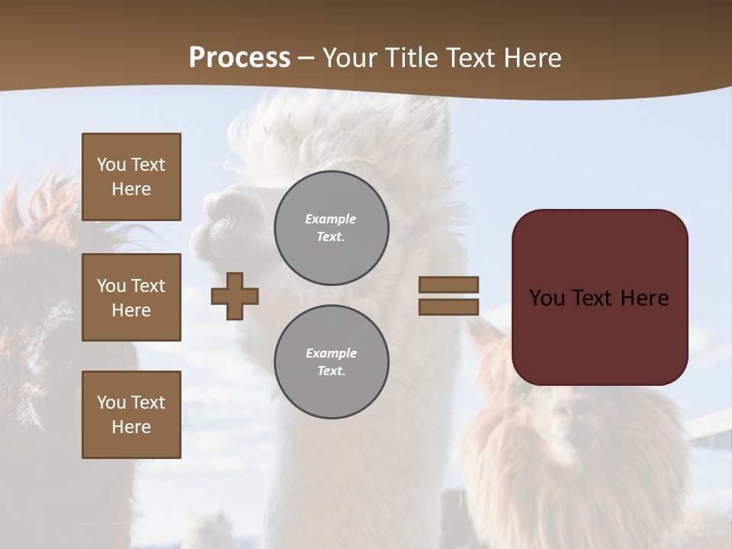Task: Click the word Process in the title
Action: [x=239, y=58]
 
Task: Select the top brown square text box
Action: [x=131, y=177]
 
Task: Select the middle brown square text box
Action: [x=131, y=297]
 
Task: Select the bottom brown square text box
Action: [x=131, y=415]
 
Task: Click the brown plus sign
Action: [x=235, y=296]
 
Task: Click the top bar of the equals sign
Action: [x=449, y=284]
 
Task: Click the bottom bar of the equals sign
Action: [x=449, y=307]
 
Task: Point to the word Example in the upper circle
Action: [x=330, y=219]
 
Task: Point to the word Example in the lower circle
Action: [x=331, y=353]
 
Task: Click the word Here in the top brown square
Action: [x=131, y=189]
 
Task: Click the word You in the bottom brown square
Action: [x=111, y=403]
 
